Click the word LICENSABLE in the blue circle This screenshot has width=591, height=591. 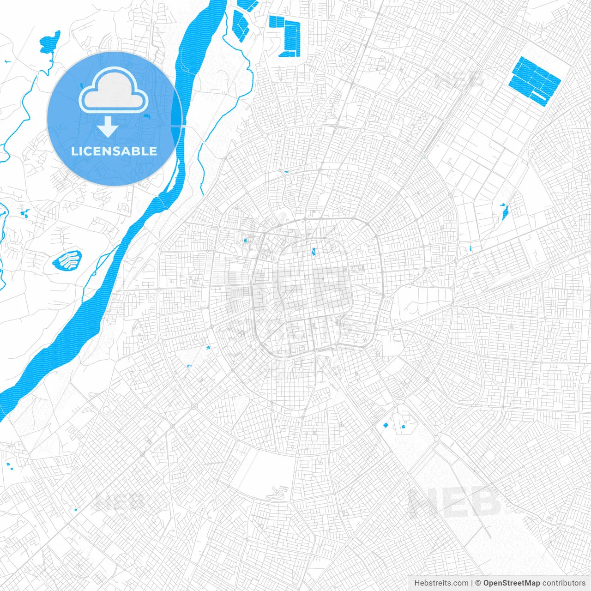(114, 151)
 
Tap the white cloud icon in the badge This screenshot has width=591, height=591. (114, 91)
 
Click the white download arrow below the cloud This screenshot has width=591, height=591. (108, 127)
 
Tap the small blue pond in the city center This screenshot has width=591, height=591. (314, 252)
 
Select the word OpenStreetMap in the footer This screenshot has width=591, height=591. (512, 583)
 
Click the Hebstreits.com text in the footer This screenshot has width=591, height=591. (441, 583)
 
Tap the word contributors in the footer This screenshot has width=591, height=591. (564, 583)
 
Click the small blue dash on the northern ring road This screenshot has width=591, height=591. (286, 172)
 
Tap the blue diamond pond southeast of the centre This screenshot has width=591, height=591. (385, 425)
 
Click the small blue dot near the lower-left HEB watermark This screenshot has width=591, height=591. (75, 510)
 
